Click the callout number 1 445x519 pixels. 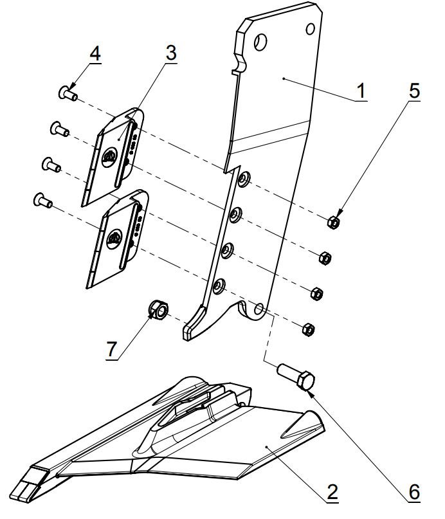(x=361, y=91)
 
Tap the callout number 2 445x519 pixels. (x=332, y=492)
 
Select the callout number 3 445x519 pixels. (x=171, y=53)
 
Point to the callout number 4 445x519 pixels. (x=95, y=53)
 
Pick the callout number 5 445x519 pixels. (x=414, y=91)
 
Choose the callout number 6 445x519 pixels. (x=414, y=492)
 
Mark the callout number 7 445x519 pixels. (x=111, y=349)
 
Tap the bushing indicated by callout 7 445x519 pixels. (x=159, y=310)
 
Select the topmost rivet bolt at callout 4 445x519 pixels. (x=68, y=93)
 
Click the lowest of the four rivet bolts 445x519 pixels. (x=43, y=200)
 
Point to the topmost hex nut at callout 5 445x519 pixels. (x=334, y=222)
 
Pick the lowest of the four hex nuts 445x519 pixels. (x=309, y=329)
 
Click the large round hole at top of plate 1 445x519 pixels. (x=260, y=42)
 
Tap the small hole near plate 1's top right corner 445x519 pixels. (x=311, y=29)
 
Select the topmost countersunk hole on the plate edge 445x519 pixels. (x=244, y=179)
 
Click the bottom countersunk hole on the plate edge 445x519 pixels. (x=219, y=286)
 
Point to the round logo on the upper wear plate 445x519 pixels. (x=109, y=157)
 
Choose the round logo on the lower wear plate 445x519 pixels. (x=114, y=239)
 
